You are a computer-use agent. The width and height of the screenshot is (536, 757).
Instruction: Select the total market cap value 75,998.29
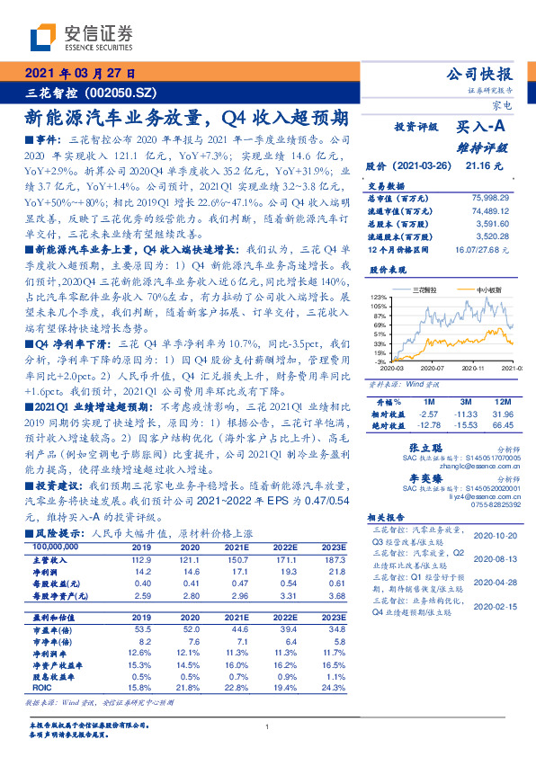point(490,196)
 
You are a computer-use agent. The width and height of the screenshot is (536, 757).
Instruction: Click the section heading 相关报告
point(387,520)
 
